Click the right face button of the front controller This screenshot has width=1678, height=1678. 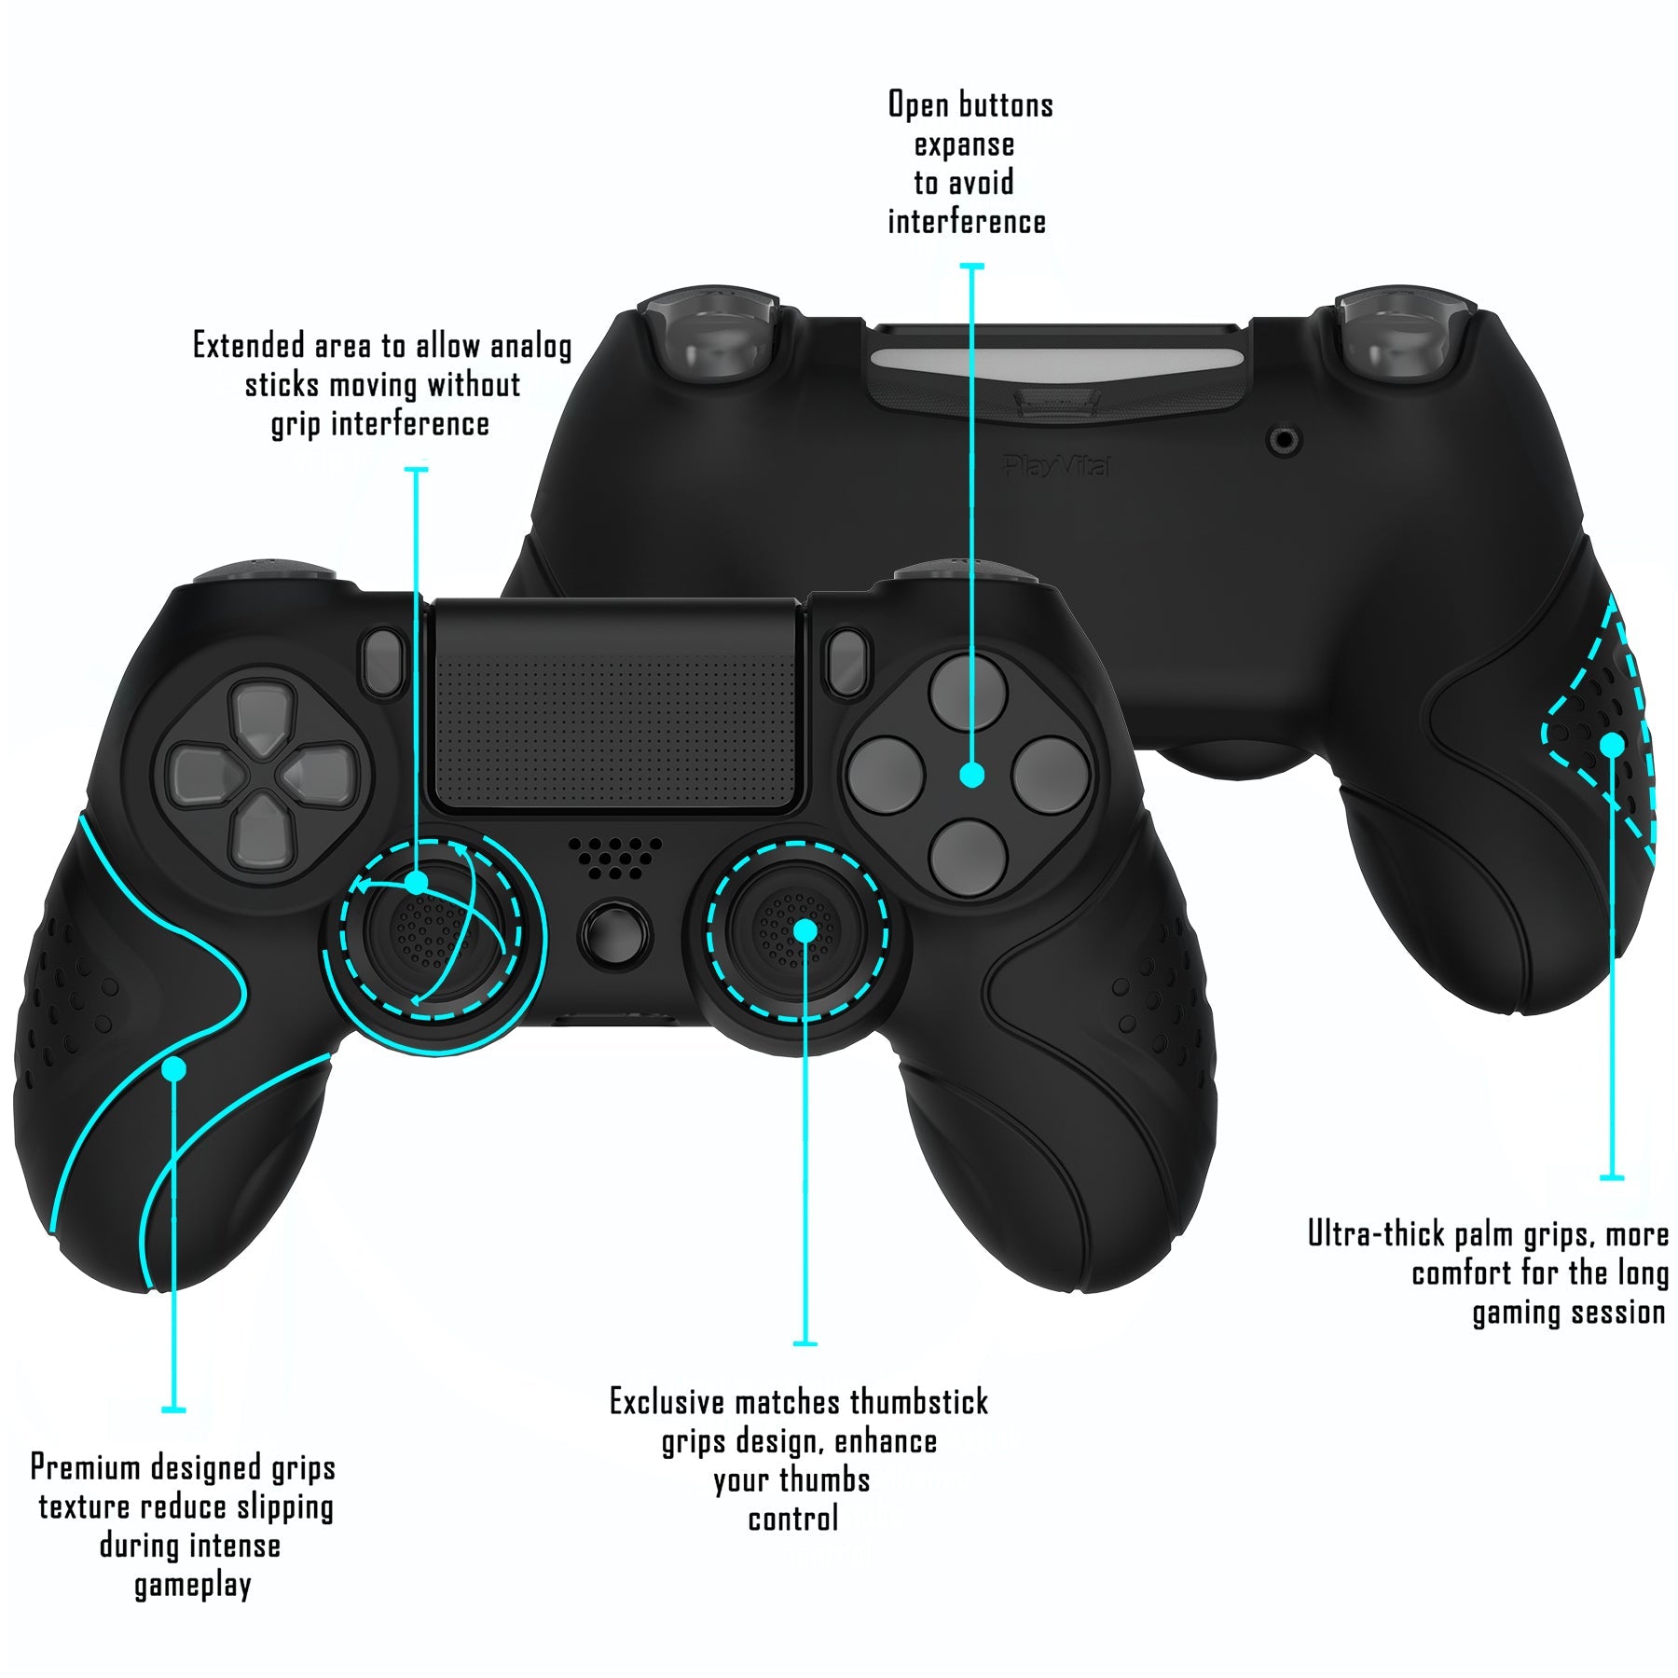click(1051, 774)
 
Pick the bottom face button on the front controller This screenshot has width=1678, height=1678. click(970, 858)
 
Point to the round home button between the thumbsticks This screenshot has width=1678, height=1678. click(614, 932)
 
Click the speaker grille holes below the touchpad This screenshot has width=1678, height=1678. click(614, 856)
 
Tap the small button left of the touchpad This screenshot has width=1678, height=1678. click(383, 662)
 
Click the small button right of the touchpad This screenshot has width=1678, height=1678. click(846, 662)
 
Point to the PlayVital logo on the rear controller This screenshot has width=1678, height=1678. click(1056, 465)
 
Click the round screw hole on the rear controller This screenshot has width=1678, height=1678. click(1286, 440)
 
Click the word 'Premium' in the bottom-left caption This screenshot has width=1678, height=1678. click(86, 1468)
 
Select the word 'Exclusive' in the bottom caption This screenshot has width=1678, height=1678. click(667, 1402)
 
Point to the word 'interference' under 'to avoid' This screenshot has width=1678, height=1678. click(967, 222)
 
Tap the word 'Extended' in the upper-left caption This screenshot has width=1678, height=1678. click(249, 346)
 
